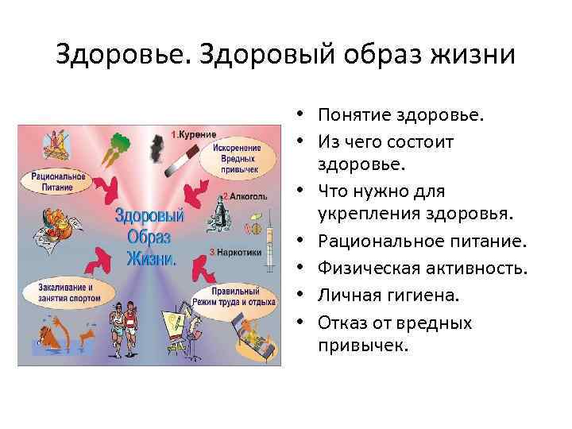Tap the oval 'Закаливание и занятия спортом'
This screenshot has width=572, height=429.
68,292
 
